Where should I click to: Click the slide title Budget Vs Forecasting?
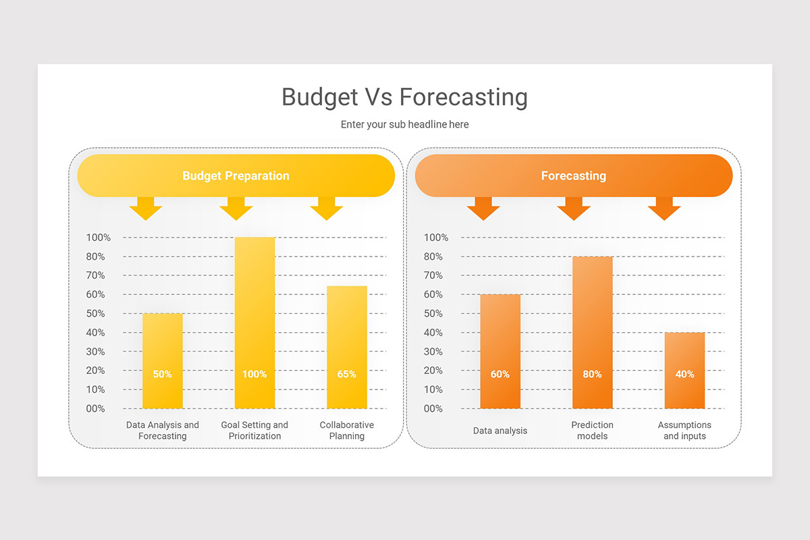[x=404, y=97]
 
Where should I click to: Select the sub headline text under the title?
[x=404, y=124]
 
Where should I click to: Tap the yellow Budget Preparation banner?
[x=236, y=175]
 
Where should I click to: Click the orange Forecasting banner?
[x=573, y=175]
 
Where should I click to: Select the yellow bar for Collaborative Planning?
[x=347, y=337]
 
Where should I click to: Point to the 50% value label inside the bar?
[x=162, y=374]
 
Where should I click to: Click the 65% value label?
[x=347, y=374]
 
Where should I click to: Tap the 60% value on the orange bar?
[x=500, y=374]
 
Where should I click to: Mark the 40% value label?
[x=684, y=374]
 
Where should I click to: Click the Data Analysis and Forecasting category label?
[x=163, y=431]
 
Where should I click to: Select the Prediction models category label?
[x=592, y=431]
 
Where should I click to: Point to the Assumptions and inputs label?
[x=684, y=431]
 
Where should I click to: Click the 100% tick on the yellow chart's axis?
[x=99, y=238]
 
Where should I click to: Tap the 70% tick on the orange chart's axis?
[x=433, y=275]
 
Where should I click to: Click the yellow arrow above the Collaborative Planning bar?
[x=327, y=209]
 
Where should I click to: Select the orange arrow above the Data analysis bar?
[x=483, y=209]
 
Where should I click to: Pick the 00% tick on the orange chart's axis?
[x=433, y=408]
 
